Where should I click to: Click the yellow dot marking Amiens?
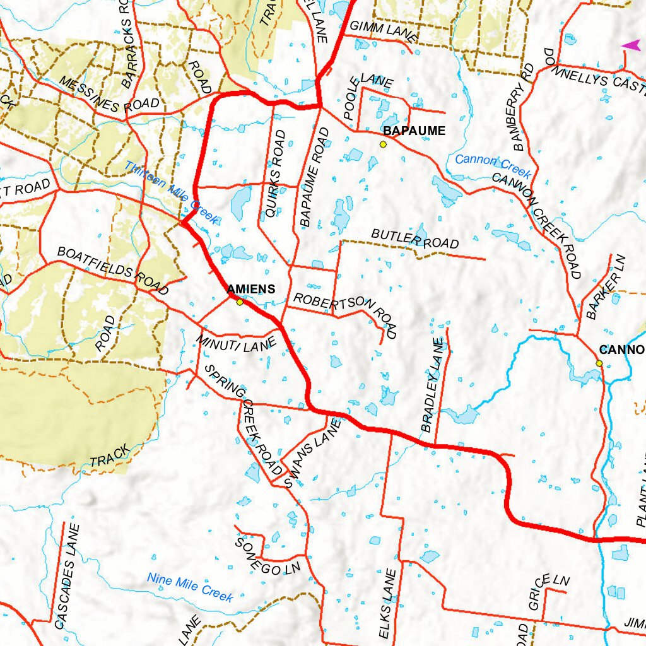(x=240, y=302)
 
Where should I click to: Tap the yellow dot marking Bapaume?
(x=383, y=144)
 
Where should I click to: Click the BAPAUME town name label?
(x=414, y=131)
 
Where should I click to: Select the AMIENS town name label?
(x=251, y=289)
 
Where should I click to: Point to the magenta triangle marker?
(x=630, y=45)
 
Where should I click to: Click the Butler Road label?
(x=414, y=239)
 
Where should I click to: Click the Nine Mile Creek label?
(x=190, y=587)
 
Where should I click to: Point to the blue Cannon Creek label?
(x=493, y=165)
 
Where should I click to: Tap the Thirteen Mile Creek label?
(x=171, y=193)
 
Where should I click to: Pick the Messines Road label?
(x=101, y=95)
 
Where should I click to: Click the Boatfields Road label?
(x=113, y=270)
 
